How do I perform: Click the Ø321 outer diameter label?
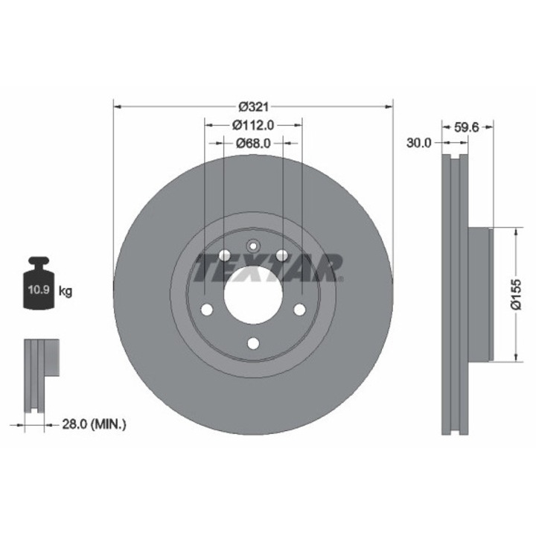(x=252, y=106)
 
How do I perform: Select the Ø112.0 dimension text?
(x=253, y=124)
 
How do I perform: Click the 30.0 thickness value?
(x=419, y=144)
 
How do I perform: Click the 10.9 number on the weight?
(x=39, y=291)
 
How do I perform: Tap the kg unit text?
(x=66, y=291)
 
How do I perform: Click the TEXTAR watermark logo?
(x=268, y=267)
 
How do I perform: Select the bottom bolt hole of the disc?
(x=253, y=342)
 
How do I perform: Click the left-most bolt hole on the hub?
(x=207, y=309)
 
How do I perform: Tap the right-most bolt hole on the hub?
(x=299, y=309)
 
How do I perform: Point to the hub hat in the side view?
(x=481, y=294)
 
